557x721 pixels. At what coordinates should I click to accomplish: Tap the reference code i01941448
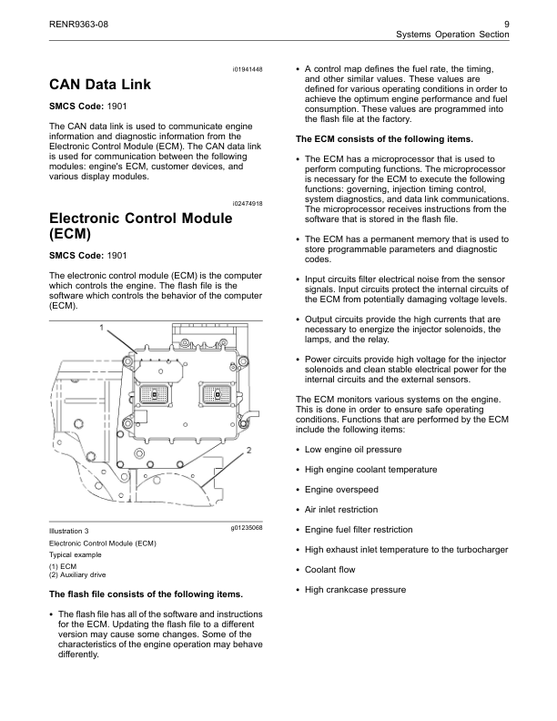coord(247,70)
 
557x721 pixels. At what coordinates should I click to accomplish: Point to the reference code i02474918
coord(247,205)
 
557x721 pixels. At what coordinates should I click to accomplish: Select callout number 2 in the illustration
coord(248,450)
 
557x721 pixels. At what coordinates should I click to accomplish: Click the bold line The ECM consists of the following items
coord(385,139)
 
